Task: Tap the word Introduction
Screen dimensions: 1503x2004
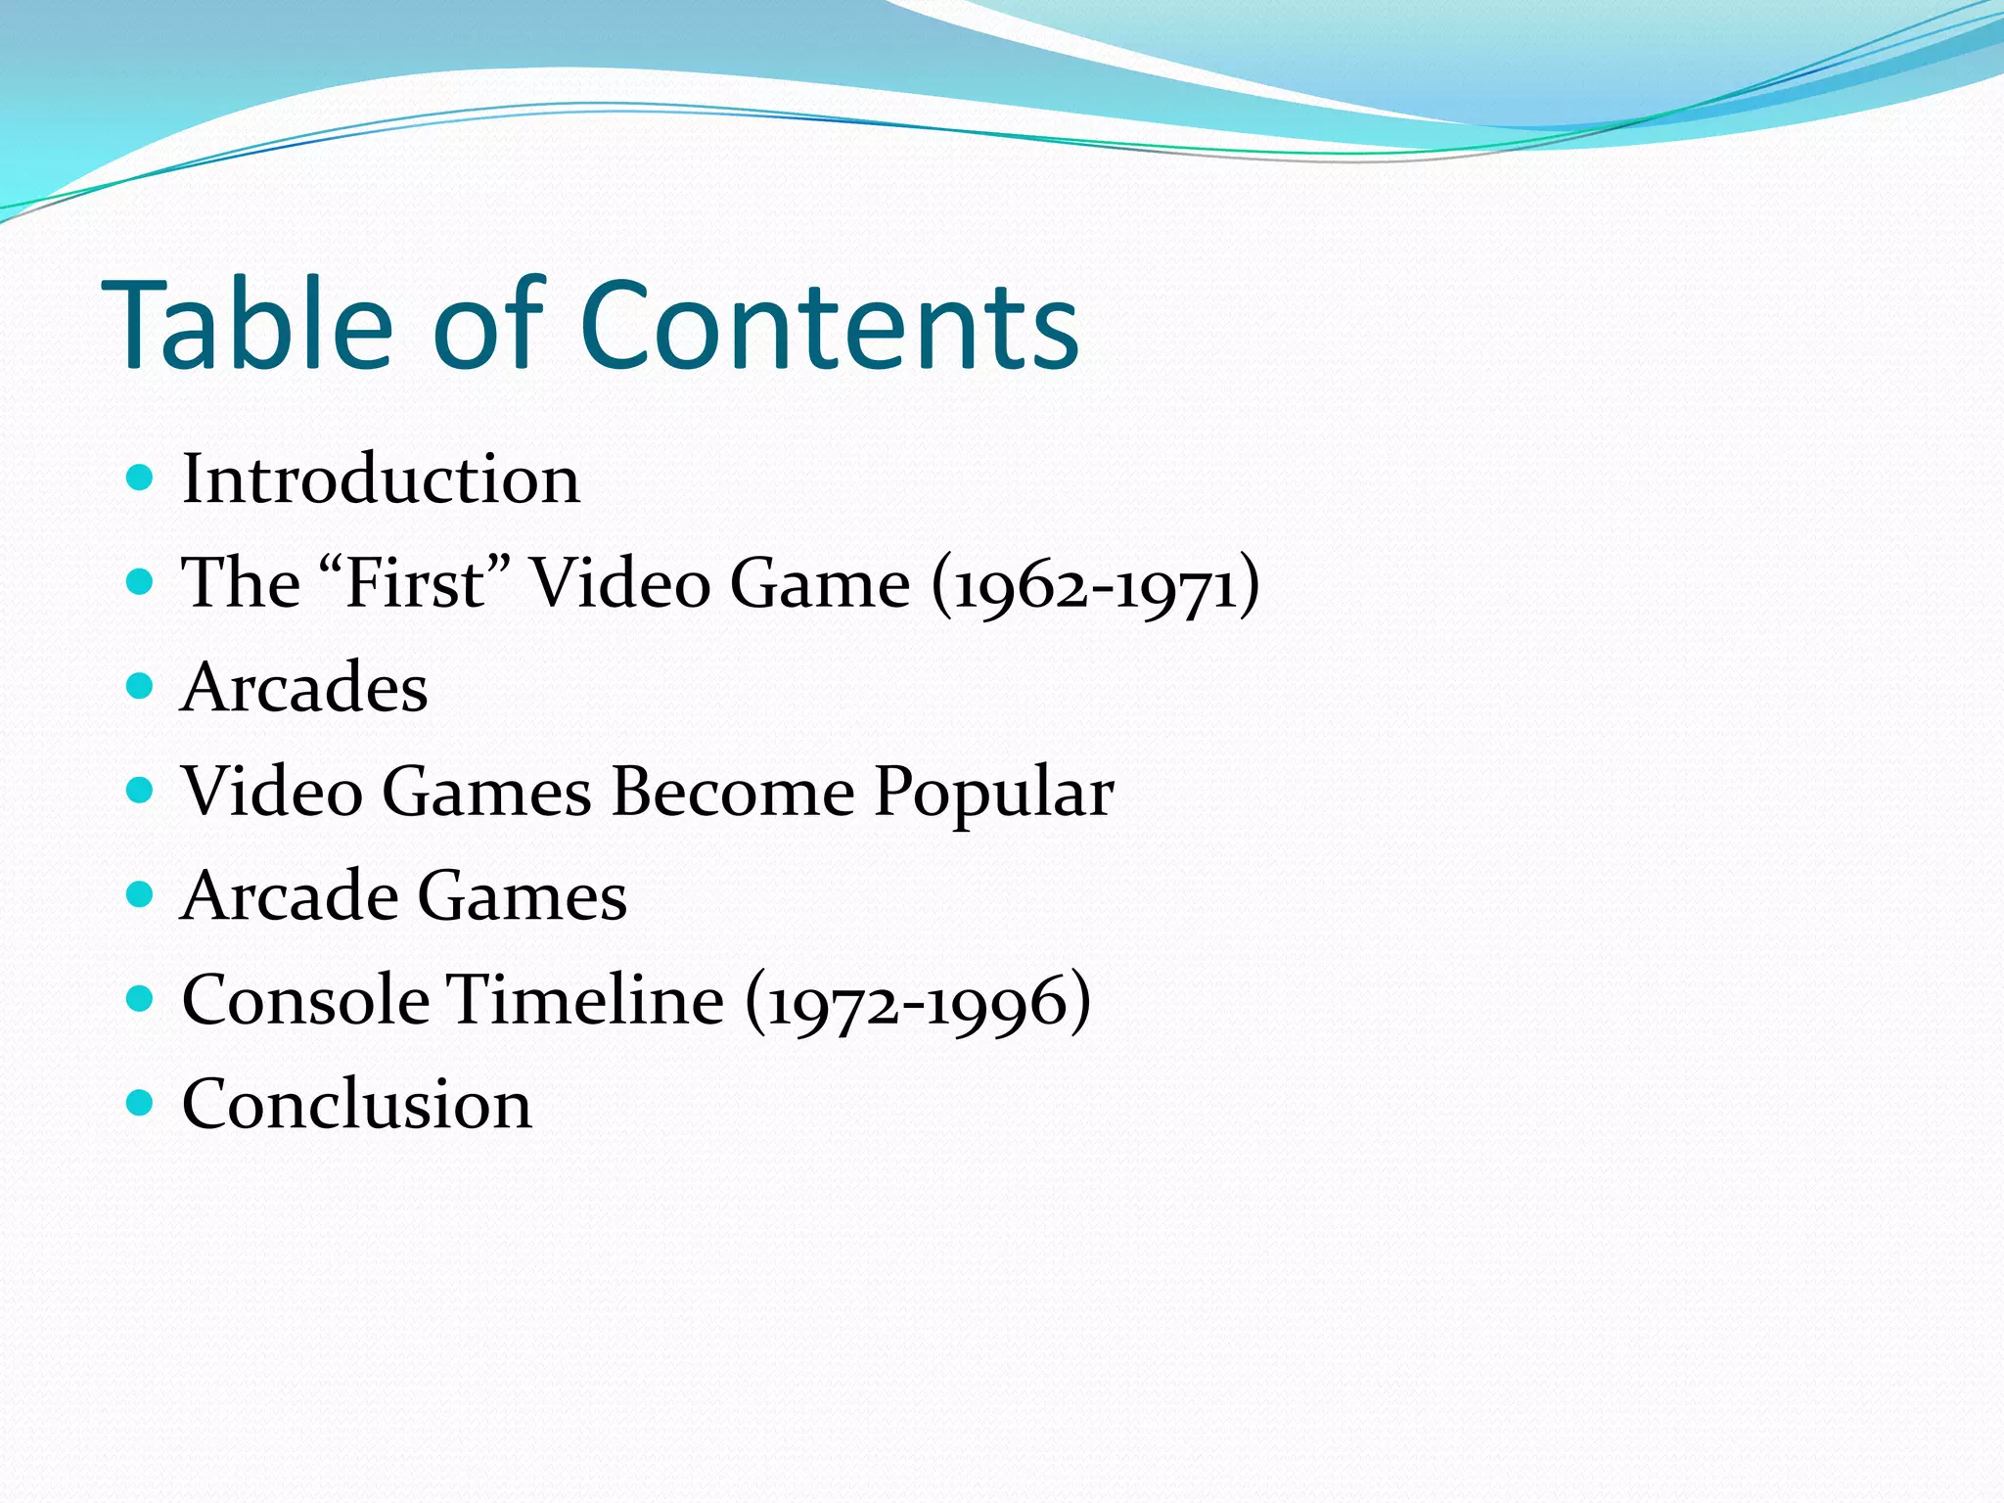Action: tap(381, 479)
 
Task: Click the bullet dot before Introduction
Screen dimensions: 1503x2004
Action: tap(141, 478)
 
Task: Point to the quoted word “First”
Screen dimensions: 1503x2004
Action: tap(415, 583)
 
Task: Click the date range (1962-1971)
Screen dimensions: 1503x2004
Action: tap(1095, 585)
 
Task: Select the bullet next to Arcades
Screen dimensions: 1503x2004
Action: tap(141, 686)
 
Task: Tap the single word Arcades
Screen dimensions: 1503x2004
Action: tap(304, 687)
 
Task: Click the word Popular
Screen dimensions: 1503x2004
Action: tap(993, 793)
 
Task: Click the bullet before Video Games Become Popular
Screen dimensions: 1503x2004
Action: tap(141, 791)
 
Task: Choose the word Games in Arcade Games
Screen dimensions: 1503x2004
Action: tap(523, 896)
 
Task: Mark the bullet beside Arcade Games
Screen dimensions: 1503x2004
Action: tap(141, 894)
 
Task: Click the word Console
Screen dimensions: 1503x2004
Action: tap(305, 1000)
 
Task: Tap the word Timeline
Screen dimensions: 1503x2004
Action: tap(585, 1000)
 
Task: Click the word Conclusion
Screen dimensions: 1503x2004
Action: tap(357, 1105)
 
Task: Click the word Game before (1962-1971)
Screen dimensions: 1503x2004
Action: tap(820, 584)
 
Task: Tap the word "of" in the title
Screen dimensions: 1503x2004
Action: tap(486, 325)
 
